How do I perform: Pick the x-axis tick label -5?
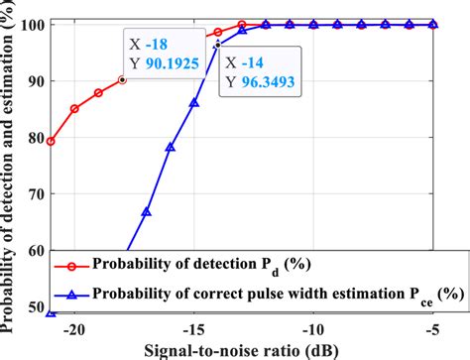tap(432, 328)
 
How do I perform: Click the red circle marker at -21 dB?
tap(51, 141)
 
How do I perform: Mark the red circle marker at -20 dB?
tap(74, 108)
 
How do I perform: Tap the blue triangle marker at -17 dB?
tap(146, 211)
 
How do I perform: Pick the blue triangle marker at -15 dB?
tap(194, 102)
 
